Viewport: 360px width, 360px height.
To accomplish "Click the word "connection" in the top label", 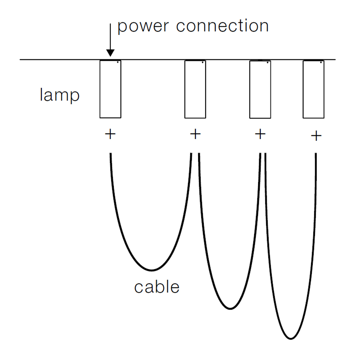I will pos(222,26).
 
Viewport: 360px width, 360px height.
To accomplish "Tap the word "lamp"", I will pos(59,96).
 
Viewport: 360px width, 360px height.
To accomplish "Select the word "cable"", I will pos(157,287).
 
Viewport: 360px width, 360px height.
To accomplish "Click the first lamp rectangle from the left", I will pos(110,89).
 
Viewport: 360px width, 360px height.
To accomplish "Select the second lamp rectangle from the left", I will pos(195,89).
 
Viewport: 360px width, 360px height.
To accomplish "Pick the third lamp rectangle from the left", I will pos(260,89).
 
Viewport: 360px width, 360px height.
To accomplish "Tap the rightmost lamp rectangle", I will pos(314,89).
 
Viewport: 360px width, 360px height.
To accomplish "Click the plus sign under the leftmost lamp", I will pos(110,135).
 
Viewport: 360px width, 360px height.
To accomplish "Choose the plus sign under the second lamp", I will pos(195,135).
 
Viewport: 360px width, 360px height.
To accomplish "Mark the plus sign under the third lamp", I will pos(260,134).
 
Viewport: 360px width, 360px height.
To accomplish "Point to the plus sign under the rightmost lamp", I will pos(316,136).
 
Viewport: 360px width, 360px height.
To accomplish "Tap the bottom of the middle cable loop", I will pos(230,308).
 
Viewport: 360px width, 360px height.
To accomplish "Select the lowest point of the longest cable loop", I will pos(291,338).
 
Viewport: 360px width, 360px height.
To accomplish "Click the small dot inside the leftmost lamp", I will pos(118,62).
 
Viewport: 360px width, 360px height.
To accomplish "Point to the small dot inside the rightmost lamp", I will pos(321,62).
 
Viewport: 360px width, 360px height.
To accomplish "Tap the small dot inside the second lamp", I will pos(203,62).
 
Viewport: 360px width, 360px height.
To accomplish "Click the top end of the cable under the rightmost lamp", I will pos(316,154).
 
